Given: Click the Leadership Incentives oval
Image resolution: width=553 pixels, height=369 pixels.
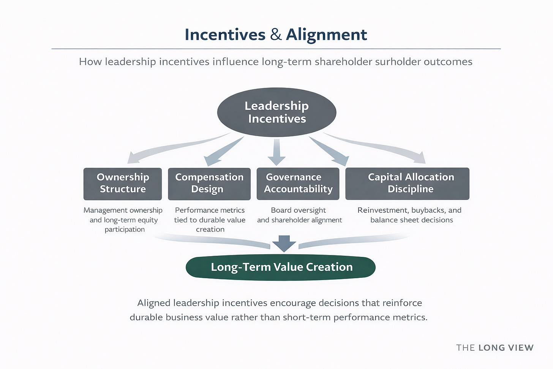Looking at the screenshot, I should pos(276,112).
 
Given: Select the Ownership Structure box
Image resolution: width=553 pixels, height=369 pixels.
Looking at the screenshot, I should pos(123,184).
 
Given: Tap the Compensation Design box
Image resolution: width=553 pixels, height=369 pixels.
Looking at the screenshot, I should pos(209,184).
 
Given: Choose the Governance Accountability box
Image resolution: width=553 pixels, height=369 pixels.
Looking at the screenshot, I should pos(298,184).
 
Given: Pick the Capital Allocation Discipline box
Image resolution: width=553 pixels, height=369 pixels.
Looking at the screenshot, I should pos(407,184).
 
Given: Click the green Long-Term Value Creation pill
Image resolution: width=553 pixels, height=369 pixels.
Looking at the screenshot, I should pos(281,267).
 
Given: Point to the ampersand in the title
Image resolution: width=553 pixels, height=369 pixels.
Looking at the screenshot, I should pos(276,35).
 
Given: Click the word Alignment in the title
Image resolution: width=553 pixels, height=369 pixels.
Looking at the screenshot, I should pos(326,35).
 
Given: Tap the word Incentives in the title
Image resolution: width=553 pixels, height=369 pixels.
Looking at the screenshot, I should pos(225,35).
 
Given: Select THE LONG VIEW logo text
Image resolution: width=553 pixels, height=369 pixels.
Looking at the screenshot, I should pos(495,348).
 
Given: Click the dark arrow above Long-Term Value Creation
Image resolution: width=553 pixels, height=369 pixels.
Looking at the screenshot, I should pos(284,244).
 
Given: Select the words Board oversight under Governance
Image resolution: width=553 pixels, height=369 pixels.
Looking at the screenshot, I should pos(298,210).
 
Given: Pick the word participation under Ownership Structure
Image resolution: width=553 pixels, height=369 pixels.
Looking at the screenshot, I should pos(125,230).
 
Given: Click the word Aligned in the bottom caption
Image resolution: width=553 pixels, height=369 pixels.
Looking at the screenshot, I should pos(154,303).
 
